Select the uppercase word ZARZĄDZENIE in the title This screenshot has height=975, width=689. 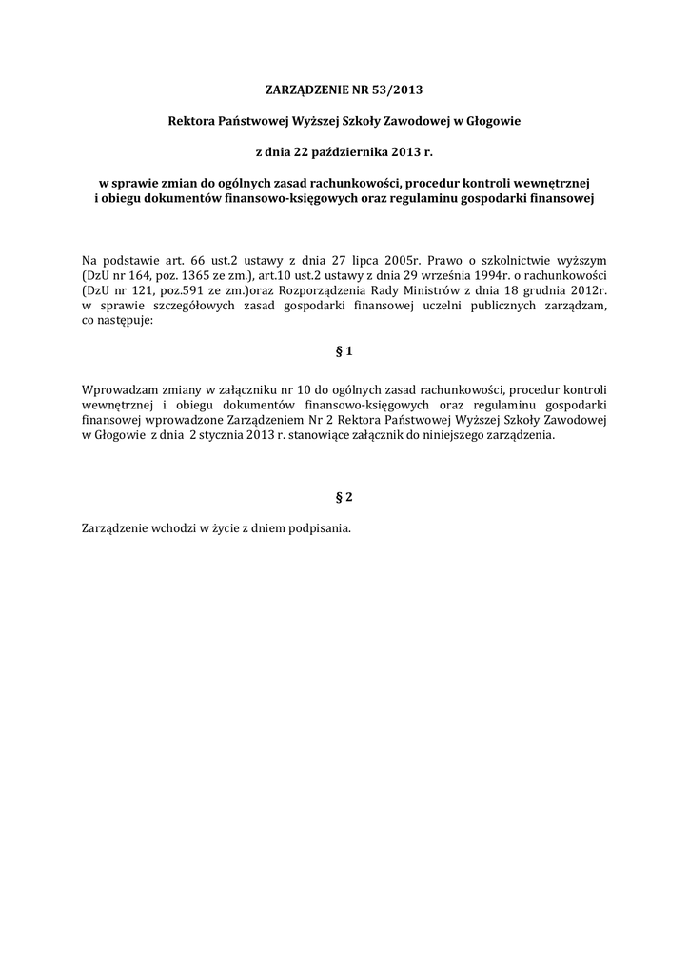click(312, 90)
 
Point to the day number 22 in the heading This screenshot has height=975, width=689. click(303, 151)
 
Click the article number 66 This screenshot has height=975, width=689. click(197, 259)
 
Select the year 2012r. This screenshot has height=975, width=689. click(588, 289)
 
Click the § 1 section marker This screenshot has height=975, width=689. click(344, 351)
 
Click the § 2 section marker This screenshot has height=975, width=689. click(344, 497)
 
